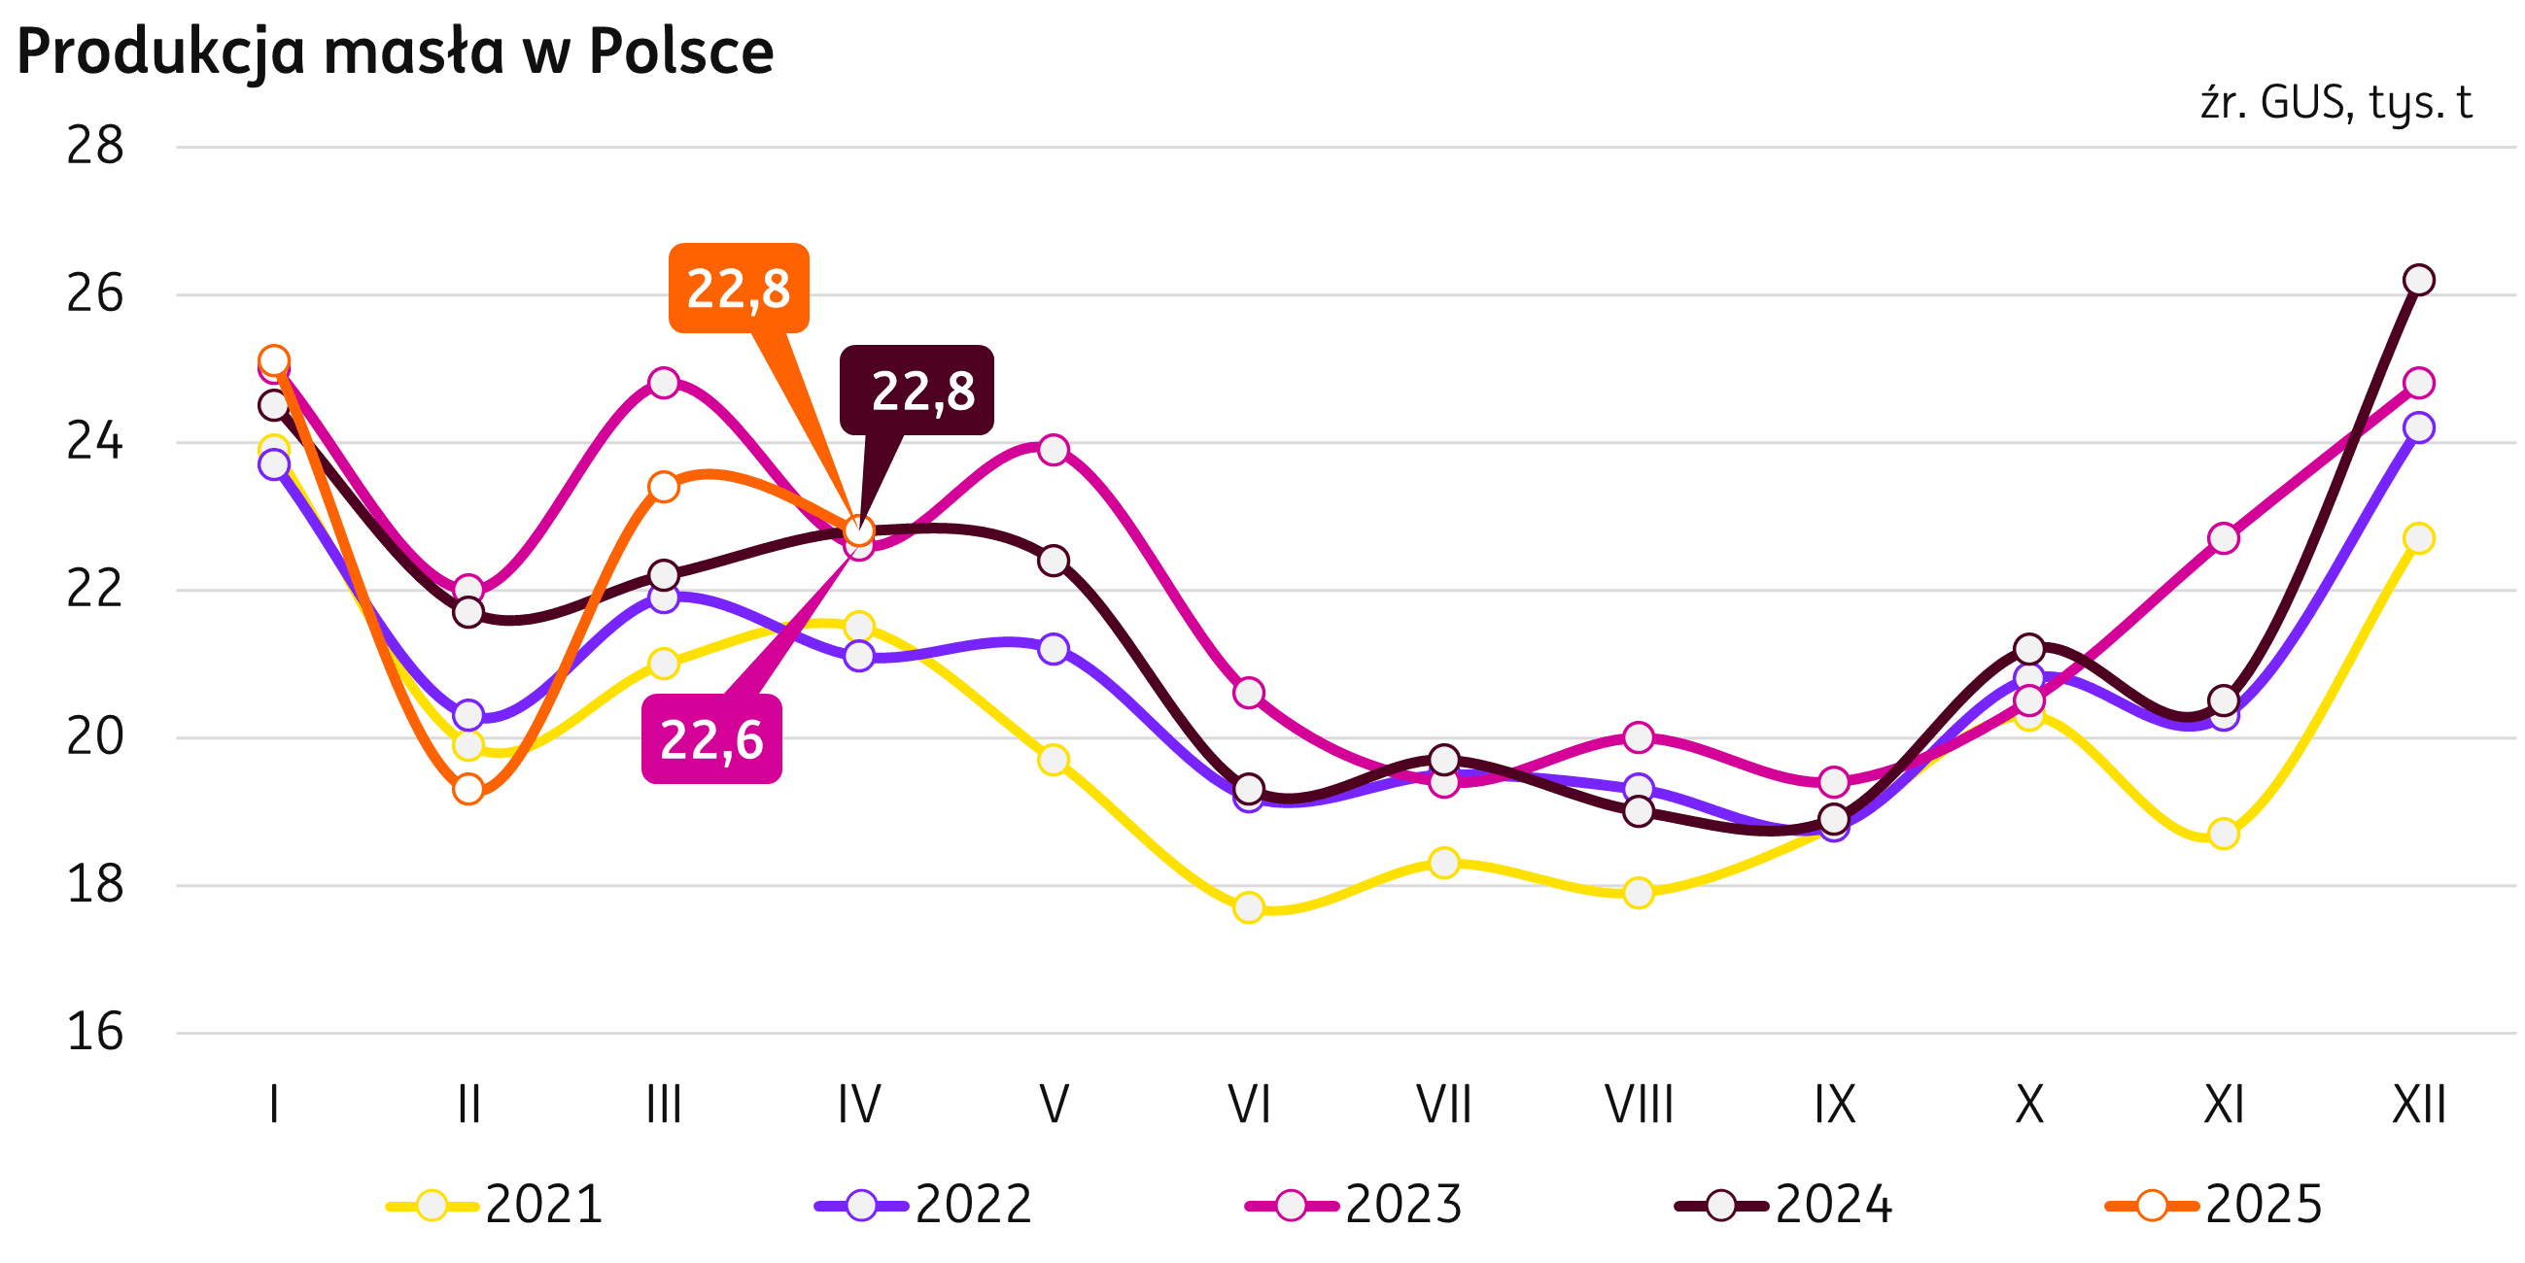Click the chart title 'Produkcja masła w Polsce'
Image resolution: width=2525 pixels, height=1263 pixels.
(x=395, y=51)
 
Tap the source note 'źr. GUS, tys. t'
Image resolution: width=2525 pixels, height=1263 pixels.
(x=2335, y=103)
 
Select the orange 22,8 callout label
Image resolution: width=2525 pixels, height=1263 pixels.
(x=738, y=289)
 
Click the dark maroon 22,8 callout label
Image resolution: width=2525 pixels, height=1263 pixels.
(x=917, y=390)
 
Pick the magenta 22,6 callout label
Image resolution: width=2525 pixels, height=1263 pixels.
(x=711, y=738)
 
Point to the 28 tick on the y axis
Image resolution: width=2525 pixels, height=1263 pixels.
(x=95, y=147)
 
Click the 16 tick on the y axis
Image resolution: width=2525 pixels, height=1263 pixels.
(x=95, y=1033)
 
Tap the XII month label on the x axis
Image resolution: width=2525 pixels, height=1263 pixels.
(x=2418, y=1106)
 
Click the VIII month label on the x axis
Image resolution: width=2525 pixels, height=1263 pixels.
(x=1638, y=1106)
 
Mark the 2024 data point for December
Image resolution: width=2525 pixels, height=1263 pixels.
(x=2419, y=280)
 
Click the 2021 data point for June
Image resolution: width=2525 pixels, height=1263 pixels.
(x=1248, y=907)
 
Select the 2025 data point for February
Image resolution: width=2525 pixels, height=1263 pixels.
(x=468, y=789)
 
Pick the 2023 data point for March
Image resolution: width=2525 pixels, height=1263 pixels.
(x=664, y=382)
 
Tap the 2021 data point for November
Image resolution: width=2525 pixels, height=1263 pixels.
(x=2224, y=834)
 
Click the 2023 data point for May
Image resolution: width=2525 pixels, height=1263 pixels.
(x=1054, y=450)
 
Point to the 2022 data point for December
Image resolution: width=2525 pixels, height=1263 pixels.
(x=2419, y=428)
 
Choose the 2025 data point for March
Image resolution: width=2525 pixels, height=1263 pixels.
(x=664, y=487)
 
